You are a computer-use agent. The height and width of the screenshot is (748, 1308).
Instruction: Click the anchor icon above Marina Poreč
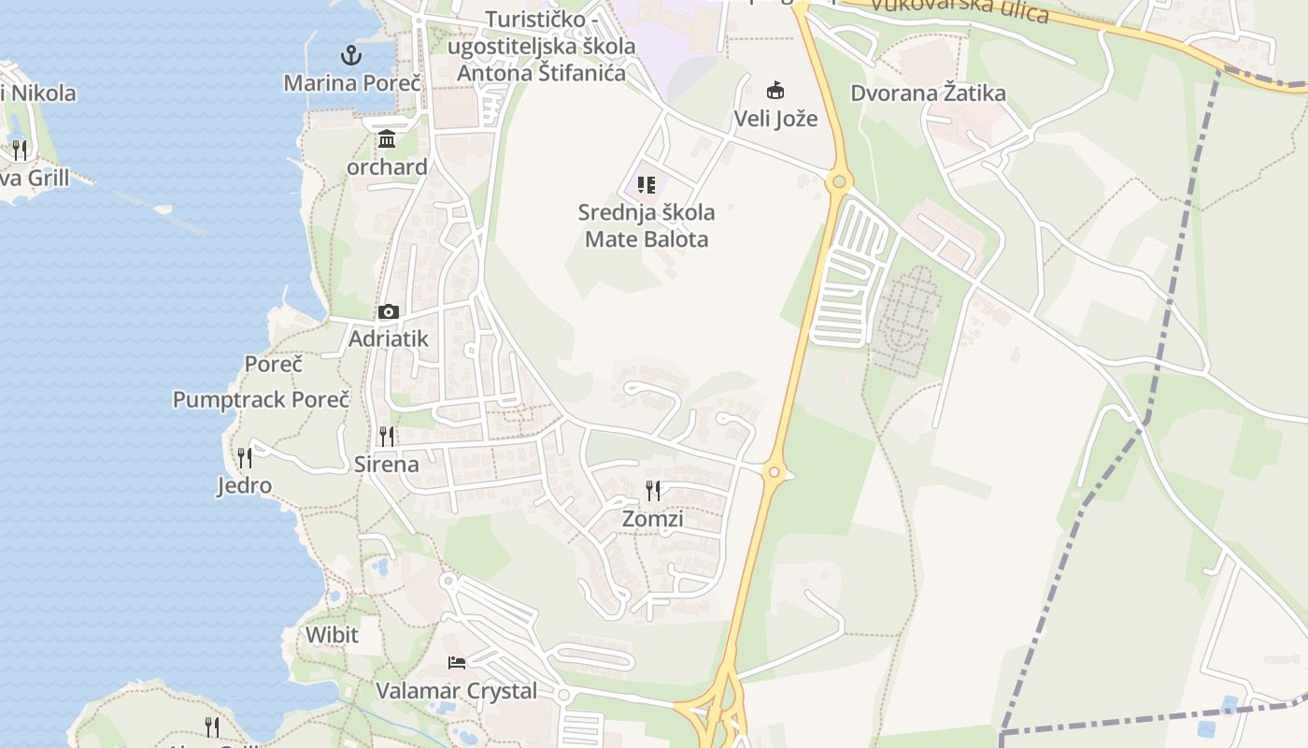pyautogui.click(x=350, y=55)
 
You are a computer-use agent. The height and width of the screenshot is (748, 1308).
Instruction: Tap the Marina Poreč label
pyautogui.click(x=353, y=83)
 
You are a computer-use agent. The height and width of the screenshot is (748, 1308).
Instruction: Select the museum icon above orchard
pyautogui.click(x=387, y=139)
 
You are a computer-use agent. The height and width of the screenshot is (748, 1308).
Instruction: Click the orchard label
pyautogui.click(x=387, y=167)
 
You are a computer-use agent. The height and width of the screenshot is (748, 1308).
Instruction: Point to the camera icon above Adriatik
pyautogui.click(x=389, y=311)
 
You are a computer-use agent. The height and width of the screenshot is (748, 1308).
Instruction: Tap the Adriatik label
pyautogui.click(x=389, y=338)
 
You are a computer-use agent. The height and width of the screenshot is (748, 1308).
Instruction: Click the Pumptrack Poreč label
pyautogui.click(x=261, y=399)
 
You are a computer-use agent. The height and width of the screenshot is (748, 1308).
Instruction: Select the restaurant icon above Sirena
pyautogui.click(x=387, y=436)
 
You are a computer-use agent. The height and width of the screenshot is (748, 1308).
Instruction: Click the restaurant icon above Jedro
pyautogui.click(x=245, y=457)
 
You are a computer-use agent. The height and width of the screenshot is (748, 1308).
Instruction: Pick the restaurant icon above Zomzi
pyautogui.click(x=653, y=490)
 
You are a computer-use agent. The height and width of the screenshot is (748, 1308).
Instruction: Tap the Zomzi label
pyautogui.click(x=653, y=519)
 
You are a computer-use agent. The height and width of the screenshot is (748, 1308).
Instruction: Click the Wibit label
pyautogui.click(x=332, y=635)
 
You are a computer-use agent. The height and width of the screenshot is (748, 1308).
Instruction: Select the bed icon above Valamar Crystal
pyautogui.click(x=457, y=663)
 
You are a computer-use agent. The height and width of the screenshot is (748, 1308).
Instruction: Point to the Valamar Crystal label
pyautogui.click(x=457, y=691)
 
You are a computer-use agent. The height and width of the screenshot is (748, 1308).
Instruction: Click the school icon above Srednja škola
pyautogui.click(x=647, y=184)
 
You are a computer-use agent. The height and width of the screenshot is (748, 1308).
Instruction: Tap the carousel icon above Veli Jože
pyautogui.click(x=775, y=91)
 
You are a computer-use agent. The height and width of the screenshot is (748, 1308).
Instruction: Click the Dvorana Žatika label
pyautogui.click(x=928, y=93)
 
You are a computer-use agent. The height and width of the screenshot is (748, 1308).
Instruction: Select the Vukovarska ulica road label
pyautogui.click(x=959, y=11)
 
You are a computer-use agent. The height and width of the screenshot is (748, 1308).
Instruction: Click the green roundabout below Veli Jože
pyautogui.click(x=839, y=181)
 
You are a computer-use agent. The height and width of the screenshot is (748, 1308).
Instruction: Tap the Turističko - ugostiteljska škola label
pyautogui.click(x=542, y=46)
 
